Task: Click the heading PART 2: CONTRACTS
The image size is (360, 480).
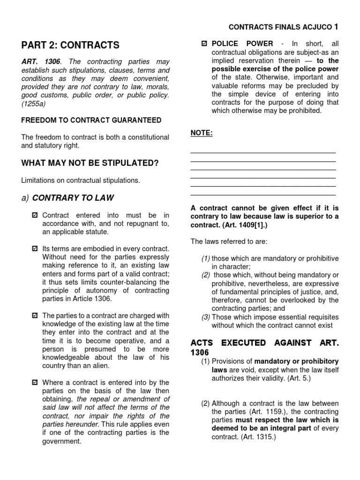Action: pyautogui.click(x=70, y=45)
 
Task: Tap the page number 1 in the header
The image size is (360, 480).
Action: pyautogui.click(x=335, y=27)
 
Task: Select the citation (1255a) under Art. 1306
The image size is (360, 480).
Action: pyautogui.click(x=33, y=104)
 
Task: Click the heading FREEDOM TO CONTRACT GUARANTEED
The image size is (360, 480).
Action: pyautogui.click(x=91, y=120)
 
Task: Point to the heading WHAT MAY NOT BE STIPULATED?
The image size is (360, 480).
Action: pyautogui.click(x=90, y=163)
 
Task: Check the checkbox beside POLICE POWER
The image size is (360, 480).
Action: pyautogui.click(x=203, y=44)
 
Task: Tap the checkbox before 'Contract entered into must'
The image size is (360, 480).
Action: pyautogui.click(x=34, y=215)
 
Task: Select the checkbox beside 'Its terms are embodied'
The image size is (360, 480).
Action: pyautogui.click(x=34, y=248)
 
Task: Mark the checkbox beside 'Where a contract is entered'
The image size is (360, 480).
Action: pyautogui.click(x=34, y=382)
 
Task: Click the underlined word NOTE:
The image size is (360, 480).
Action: pyautogui.click(x=202, y=133)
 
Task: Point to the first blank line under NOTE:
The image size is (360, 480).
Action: pyautogui.click(x=263, y=153)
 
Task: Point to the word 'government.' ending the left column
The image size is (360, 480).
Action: pyautogui.click(x=62, y=441)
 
